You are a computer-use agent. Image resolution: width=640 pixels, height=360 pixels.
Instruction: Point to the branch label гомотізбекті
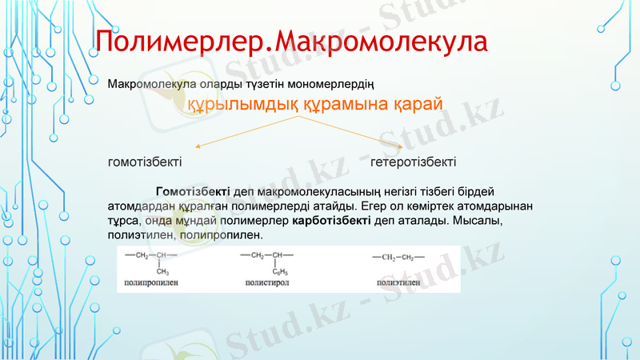(145, 162)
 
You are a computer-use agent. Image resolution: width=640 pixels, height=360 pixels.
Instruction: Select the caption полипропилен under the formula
(151, 282)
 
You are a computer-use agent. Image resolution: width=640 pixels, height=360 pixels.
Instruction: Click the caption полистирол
(266, 282)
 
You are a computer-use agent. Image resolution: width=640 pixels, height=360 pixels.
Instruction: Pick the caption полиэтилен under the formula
(398, 282)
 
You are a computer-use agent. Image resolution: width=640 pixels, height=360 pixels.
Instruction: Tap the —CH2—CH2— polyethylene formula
(398, 257)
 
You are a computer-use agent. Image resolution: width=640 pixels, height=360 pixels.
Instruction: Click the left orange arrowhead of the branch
(197, 147)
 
